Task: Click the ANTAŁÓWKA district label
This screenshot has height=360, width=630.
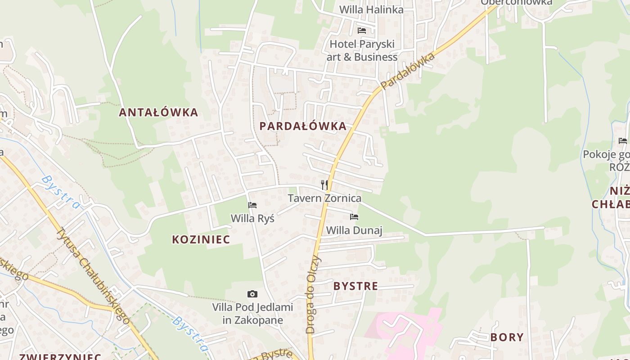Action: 158,112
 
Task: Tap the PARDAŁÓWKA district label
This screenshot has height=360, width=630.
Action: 303,126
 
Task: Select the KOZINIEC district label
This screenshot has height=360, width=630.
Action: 201,239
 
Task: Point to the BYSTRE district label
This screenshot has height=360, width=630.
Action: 355,286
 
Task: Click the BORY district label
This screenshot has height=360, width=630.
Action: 507,337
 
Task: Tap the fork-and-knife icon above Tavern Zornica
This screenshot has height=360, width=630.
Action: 324,184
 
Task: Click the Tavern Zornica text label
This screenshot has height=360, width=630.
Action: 324,198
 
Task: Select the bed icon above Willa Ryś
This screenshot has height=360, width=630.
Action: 252,205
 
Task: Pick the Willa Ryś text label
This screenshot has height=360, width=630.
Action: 252,218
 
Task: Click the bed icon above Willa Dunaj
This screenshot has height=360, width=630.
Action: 354,217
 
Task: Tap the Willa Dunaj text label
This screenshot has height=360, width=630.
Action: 354,230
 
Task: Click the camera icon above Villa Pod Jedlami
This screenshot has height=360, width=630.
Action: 252,294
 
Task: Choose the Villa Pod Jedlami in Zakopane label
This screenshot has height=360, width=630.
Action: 252,314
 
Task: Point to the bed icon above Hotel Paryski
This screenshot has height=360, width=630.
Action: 362,31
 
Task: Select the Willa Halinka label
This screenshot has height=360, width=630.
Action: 371,9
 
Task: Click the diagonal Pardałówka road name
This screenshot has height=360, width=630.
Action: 408,71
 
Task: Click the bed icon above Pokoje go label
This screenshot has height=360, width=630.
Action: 623,141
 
